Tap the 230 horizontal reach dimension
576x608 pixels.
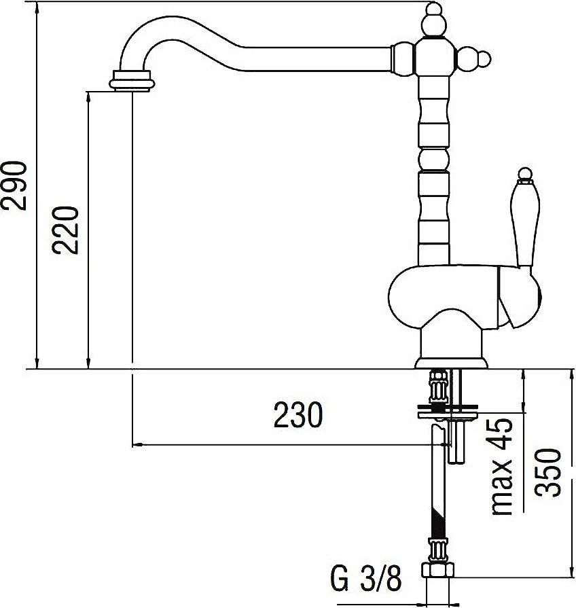(x=298, y=415)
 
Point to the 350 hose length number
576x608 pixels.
(x=547, y=473)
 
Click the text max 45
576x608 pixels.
(x=502, y=467)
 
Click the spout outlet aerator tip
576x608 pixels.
(x=132, y=81)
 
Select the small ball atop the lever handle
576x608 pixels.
(x=525, y=174)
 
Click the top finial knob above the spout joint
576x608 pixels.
(x=434, y=20)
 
